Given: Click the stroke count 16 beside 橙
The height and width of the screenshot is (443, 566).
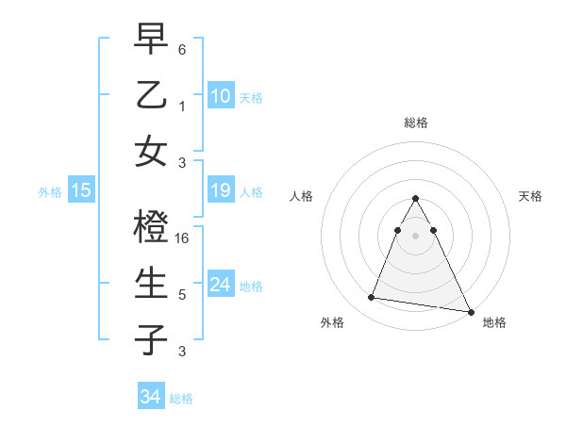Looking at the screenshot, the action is coord(183,238).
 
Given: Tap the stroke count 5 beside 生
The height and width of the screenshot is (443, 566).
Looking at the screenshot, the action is coord(182,294).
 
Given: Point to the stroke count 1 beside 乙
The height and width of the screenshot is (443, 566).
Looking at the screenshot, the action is coord(182,106).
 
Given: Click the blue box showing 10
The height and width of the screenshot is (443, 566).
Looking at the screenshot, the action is coord(220,95).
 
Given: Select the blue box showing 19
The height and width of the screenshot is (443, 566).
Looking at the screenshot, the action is coord(220,191).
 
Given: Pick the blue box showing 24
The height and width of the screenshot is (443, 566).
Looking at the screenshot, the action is coord(220,286).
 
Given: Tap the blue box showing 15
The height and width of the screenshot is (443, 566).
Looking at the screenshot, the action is coord(80,191).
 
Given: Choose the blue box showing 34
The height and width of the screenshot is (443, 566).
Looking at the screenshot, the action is coord(150,397).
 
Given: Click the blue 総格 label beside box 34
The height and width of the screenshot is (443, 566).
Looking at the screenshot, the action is coord(181,399).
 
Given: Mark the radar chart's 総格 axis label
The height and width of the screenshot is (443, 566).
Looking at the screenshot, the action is coord(415,123).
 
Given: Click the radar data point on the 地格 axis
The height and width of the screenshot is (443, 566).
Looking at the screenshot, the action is coord(470,312).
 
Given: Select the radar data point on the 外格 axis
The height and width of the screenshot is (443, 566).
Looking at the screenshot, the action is coord(371,298).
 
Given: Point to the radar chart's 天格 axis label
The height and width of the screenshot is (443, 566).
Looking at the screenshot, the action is coord(530,196).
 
